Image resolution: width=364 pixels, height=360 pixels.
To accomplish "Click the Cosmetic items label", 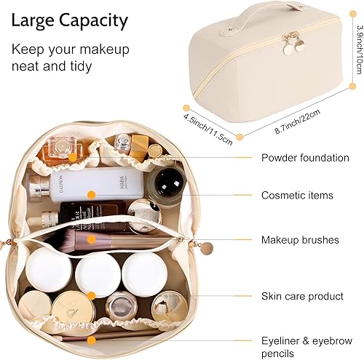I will [297, 195].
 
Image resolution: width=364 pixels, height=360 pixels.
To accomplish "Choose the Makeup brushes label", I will [299, 240].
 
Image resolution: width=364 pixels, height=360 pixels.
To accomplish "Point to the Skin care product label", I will [301, 296].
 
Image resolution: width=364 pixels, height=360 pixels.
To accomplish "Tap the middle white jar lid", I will [98, 272].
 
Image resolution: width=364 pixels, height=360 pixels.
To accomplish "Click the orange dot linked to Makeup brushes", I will [90, 239].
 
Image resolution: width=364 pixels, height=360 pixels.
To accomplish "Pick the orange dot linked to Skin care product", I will [90, 295].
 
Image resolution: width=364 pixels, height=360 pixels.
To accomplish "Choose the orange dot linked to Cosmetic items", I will [90, 194].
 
